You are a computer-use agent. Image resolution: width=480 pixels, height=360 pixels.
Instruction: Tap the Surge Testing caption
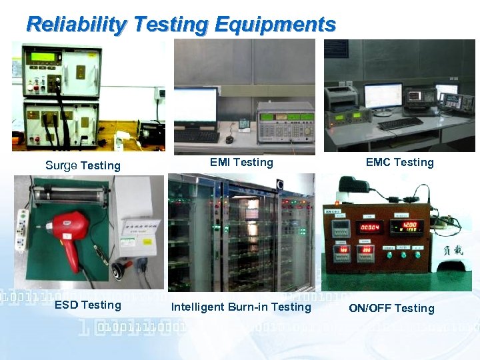[x=83, y=165]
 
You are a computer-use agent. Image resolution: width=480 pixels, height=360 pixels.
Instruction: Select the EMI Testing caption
[x=241, y=162]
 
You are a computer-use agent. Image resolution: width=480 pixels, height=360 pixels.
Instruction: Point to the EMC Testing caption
[x=399, y=162]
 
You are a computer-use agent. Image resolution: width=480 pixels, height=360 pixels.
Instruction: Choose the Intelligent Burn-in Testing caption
[x=241, y=307]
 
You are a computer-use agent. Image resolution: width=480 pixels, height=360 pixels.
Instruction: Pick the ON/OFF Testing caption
[x=391, y=308]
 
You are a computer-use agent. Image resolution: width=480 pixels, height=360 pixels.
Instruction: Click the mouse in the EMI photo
[x=229, y=139]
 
